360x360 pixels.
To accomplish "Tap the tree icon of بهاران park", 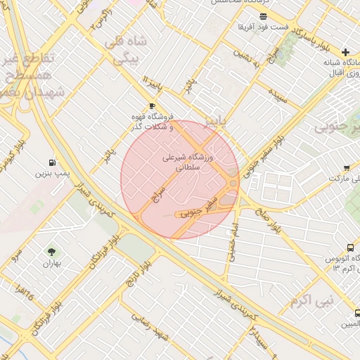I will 51,252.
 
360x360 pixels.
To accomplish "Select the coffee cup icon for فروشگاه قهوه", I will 152,105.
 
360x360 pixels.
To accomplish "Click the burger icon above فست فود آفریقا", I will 263,16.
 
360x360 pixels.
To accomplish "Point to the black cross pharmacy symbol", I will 345,53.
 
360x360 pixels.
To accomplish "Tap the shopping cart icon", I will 347,167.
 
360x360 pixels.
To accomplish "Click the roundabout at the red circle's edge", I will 233,183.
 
